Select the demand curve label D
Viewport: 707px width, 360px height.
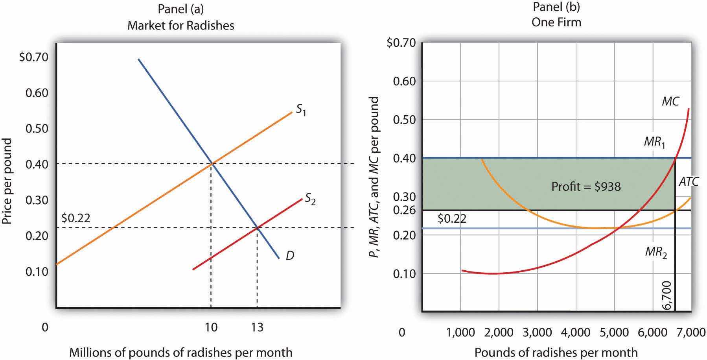point(290,256)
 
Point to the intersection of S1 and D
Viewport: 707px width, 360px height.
point(212,163)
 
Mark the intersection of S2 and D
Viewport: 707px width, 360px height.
point(257,227)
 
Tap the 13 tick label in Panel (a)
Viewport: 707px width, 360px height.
point(257,327)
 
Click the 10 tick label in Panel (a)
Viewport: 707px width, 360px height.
point(211,327)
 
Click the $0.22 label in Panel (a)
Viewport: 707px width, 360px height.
point(76,218)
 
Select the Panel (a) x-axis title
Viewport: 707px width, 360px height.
point(181,352)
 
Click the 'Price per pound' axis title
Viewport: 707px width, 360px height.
point(7,181)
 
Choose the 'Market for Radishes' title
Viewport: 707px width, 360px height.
point(181,26)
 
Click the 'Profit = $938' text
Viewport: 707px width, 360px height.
point(586,186)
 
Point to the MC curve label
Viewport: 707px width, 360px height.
point(670,102)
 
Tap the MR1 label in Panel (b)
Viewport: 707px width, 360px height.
point(655,142)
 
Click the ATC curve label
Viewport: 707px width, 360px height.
point(689,181)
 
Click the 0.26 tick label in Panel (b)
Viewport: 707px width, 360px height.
point(404,210)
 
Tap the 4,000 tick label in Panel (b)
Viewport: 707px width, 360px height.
point(576,332)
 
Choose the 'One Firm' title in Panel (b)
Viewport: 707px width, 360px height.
point(556,22)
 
